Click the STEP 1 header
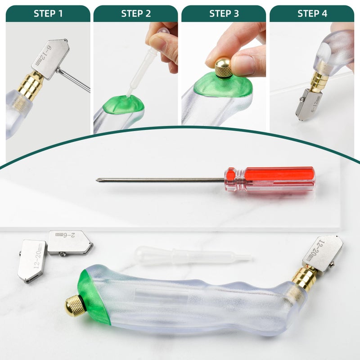[48, 13]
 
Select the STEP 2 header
[136, 13]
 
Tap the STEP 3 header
[224, 13]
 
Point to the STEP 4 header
[312, 13]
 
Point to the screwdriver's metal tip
[100, 180]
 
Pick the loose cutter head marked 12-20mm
[32, 260]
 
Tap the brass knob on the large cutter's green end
[75, 306]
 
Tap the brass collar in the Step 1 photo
[31, 86]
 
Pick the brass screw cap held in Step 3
[223, 67]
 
